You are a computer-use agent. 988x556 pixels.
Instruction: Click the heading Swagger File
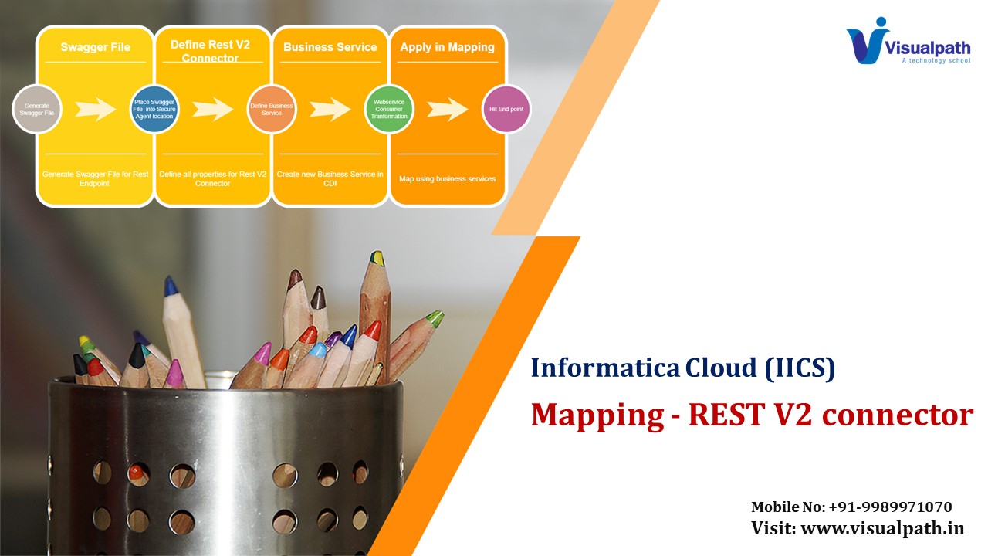pos(95,47)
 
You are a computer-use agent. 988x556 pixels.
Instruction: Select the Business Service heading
pos(330,47)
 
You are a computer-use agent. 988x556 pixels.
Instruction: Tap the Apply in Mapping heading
pos(447,47)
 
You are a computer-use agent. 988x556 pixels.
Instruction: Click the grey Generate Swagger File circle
pos(37,109)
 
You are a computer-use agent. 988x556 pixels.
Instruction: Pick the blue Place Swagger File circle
pos(154,109)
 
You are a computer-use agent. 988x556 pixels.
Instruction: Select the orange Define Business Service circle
pos(272,109)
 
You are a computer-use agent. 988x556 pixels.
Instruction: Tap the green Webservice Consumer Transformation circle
pos(389,109)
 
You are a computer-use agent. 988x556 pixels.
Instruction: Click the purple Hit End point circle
pos(506,109)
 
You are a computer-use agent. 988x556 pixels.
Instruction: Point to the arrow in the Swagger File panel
pos(95,109)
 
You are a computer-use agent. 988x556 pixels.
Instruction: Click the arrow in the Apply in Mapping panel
pos(447,109)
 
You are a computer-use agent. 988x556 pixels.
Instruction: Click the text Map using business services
pos(447,179)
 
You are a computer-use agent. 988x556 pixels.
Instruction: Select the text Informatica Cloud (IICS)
pos(683,368)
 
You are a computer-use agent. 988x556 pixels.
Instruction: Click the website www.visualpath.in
pos(882,529)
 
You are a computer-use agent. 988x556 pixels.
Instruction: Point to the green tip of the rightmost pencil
pos(435,318)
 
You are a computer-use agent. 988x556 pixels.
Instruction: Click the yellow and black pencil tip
pos(377,259)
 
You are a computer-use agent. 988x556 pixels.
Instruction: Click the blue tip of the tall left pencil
pos(171,286)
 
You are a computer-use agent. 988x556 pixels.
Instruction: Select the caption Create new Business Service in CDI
pos(330,179)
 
